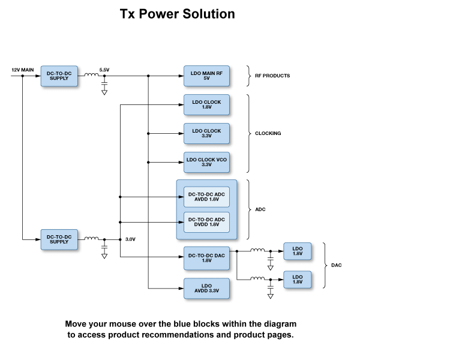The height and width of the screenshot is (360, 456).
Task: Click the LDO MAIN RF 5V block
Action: coord(206,76)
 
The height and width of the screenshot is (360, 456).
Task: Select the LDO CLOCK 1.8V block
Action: coord(206,105)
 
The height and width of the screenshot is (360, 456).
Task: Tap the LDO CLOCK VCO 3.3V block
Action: coord(206,162)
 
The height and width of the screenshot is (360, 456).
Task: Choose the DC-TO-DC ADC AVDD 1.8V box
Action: coord(206,197)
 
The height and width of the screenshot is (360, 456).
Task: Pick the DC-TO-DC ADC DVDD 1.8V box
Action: coord(206,222)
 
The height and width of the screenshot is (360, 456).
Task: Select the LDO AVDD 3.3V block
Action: coord(206,289)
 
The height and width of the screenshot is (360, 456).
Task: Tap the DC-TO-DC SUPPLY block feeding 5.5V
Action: coord(59,76)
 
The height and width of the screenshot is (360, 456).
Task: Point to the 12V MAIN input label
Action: coord(23,70)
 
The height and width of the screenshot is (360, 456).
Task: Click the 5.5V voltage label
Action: coord(104,70)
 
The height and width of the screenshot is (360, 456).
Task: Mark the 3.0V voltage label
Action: coord(130,239)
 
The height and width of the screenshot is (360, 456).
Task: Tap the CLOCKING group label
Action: coord(268,133)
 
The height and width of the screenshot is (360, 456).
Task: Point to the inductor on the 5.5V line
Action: coord(91,75)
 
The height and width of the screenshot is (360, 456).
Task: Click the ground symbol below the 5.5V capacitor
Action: coord(104,92)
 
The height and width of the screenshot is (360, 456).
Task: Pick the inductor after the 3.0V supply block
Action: coord(91,238)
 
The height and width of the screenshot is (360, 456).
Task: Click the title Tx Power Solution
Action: coord(178,14)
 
